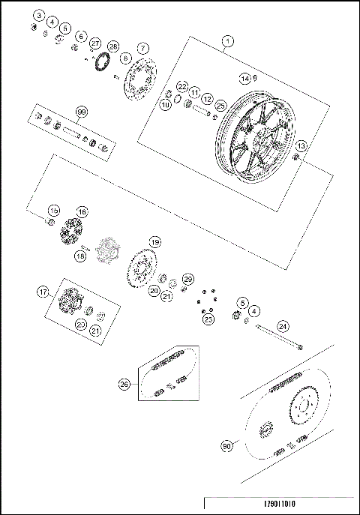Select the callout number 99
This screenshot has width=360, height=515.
coord(82,112)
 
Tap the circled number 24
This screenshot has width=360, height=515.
coord(282,326)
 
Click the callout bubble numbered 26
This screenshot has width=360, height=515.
coord(124,384)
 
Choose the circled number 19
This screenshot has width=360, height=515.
coord(154,242)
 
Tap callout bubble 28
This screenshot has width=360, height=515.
coord(113,46)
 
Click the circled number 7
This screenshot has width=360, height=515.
coord(142,47)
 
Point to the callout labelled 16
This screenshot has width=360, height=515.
coord(82,212)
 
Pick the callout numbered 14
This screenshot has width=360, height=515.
coord(244,78)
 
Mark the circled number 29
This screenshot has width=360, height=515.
coord(188,279)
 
